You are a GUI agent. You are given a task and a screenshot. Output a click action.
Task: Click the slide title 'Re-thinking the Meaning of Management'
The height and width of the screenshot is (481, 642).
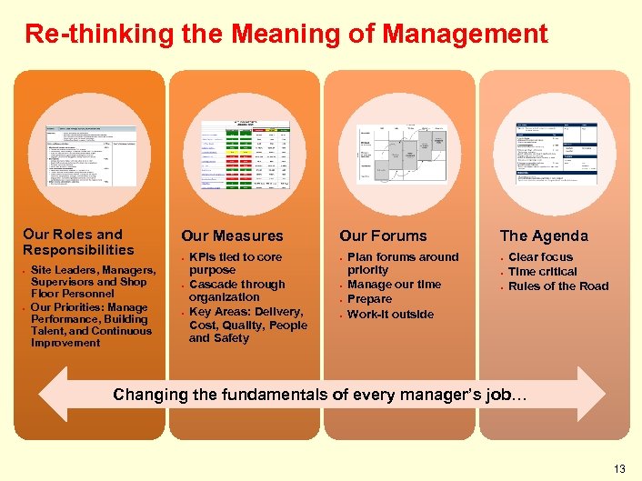(x=286, y=35)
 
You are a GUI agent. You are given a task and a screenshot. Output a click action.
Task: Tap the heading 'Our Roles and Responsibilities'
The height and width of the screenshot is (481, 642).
(x=78, y=242)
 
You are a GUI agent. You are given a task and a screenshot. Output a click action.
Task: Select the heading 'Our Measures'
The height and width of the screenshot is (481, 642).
(x=232, y=236)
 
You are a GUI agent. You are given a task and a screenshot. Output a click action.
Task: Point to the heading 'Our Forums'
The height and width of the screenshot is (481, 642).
(x=383, y=236)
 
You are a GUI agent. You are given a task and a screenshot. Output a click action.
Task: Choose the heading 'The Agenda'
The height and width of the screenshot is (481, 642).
(x=544, y=236)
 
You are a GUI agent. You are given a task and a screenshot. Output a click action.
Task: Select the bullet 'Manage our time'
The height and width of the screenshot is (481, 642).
(x=395, y=285)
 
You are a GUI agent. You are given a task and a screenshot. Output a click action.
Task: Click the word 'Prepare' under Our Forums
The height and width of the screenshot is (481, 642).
(x=370, y=299)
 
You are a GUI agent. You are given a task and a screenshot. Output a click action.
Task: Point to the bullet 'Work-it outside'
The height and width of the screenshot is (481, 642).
(x=391, y=315)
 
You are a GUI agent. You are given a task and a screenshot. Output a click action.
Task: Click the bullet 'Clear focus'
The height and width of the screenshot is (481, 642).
(x=540, y=257)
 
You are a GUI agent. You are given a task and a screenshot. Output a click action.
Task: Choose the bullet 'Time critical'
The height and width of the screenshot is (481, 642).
(x=542, y=272)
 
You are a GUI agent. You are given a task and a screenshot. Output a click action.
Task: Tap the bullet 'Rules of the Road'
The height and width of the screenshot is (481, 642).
(x=558, y=286)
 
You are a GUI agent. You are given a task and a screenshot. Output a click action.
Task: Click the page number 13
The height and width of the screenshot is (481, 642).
(x=619, y=469)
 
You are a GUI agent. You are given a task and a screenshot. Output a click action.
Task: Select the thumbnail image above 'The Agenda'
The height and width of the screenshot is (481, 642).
(x=556, y=152)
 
